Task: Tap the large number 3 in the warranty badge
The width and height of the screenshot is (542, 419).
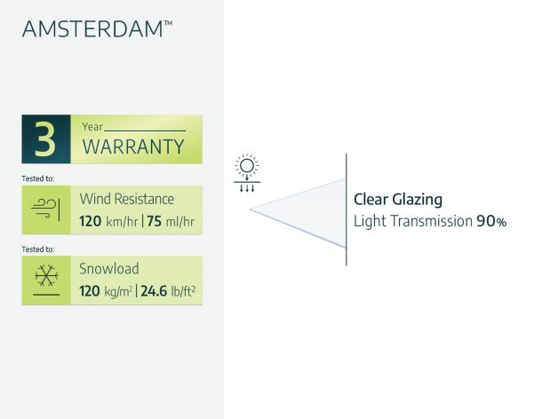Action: tap(45, 139)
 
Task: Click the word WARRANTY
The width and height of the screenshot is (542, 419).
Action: tap(133, 146)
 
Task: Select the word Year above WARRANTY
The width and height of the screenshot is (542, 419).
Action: tap(92, 127)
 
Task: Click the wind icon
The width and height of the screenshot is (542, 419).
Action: tap(45, 209)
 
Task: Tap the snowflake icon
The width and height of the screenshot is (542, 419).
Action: tap(46, 276)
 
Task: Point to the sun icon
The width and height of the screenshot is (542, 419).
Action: tap(247, 166)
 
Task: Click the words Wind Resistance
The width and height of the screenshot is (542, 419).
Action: tap(127, 199)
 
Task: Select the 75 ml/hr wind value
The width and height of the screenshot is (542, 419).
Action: tap(171, 221)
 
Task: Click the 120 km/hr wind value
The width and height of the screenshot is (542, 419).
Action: tap(108, 221)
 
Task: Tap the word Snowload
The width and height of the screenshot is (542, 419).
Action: tap(109, 269)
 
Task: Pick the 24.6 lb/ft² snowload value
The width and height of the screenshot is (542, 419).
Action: tap(168, 291)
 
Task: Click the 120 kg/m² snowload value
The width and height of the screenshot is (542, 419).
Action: tap(106, 291)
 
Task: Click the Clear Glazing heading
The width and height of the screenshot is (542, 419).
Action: tap(398, 200)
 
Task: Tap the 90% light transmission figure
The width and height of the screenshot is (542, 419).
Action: tap(491, 221)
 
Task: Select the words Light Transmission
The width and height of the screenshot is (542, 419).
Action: tap(413, 221)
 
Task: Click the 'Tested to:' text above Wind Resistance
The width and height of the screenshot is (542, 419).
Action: tap(38, 178)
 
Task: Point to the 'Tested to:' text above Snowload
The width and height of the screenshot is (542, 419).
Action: tap(38, 249)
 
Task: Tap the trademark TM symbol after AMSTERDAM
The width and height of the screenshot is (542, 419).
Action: tap(168, 23)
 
